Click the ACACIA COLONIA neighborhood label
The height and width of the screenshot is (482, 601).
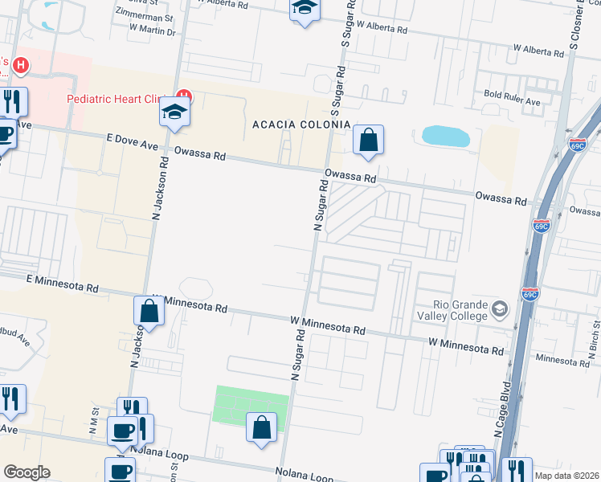point(301,125)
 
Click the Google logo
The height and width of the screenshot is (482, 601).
point(27,472)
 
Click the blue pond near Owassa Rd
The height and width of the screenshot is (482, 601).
point(446,136)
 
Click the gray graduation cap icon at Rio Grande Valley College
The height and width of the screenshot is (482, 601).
point(500,309)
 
